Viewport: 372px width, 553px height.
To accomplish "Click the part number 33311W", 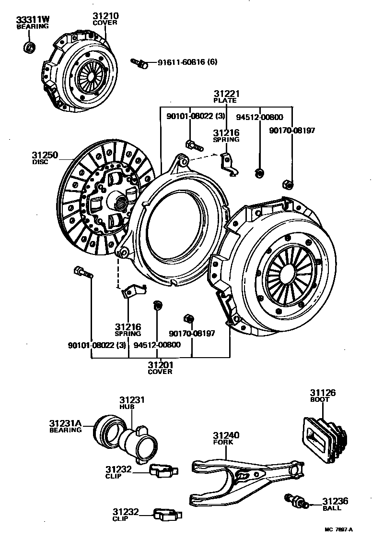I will [33, 20].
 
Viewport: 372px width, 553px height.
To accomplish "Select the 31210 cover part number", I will [105, 16].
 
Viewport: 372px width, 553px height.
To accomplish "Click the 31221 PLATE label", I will [226, 96].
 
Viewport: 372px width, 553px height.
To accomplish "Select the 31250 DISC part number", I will [45, 155].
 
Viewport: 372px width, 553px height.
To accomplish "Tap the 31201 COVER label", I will [160, 368].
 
